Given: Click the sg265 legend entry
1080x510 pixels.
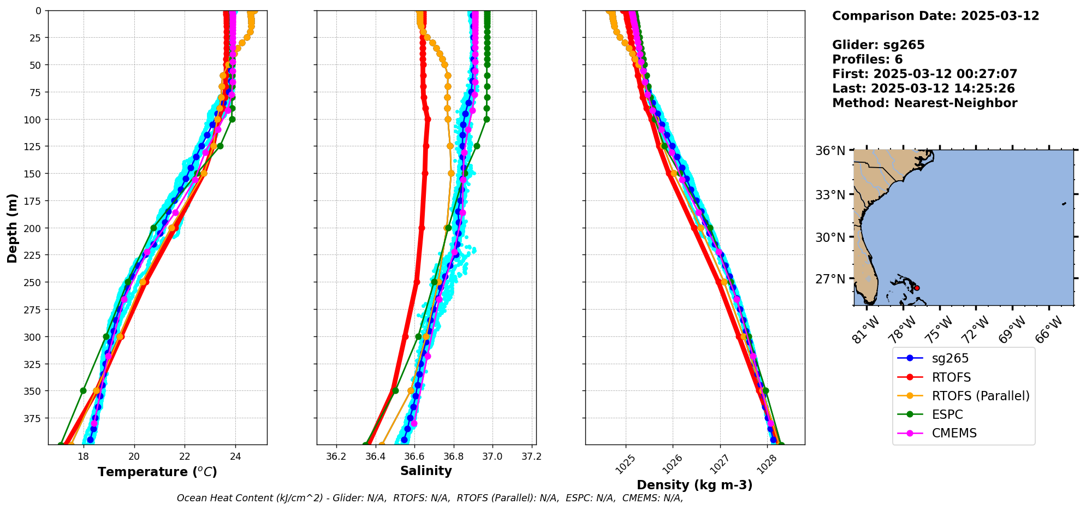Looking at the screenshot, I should [x=950, y=359].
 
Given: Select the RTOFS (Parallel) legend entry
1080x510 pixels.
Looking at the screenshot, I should [x=980, y=396].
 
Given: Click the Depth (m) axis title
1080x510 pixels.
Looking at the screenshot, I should [x=12, y=228].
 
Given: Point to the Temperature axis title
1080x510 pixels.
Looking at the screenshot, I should [x=157, y=472].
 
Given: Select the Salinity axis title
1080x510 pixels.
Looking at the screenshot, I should [x=426, y=471].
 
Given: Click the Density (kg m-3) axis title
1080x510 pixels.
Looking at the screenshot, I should [x=695, y=485].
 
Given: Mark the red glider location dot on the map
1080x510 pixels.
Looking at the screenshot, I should [x=917, y=288].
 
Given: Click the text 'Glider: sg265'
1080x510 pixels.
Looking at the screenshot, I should [x=878, y=45].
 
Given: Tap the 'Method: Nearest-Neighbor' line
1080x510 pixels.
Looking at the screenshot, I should [x=924, y=103].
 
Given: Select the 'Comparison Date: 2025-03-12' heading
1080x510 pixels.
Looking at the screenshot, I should [x=935, y=16].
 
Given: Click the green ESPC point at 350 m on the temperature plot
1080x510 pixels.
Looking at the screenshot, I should [x=83, y=390].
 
